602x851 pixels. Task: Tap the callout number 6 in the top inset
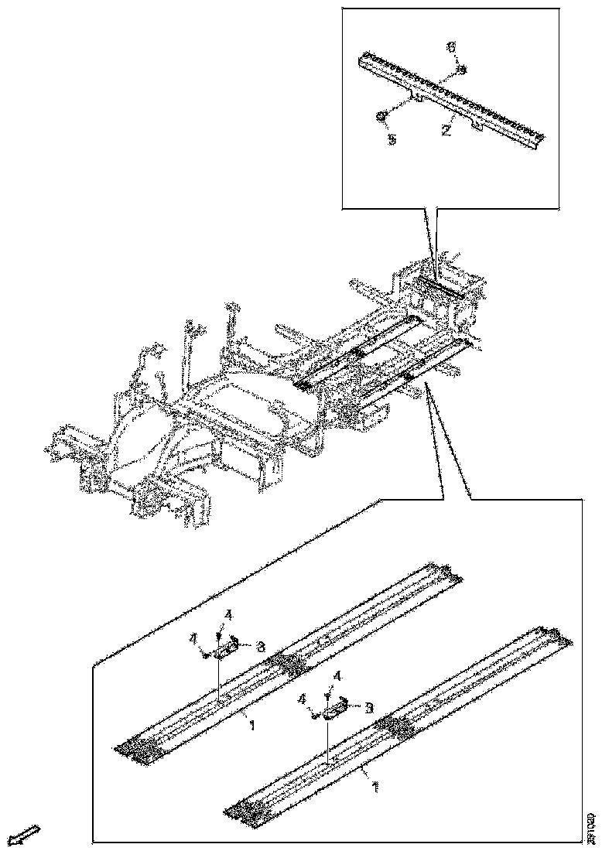coord(452,48)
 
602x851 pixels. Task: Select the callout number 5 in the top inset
coord(392,141)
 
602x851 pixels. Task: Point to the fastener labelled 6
coord(461,70)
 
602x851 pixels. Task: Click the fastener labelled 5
coord(381,116)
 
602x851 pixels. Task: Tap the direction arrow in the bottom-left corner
coord(26,834)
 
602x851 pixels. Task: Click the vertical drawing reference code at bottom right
coord(591,826)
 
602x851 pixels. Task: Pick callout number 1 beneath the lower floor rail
coord(375,787)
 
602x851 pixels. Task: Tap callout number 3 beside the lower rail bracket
coord(369,707)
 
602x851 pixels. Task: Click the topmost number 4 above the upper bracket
coord(227,616)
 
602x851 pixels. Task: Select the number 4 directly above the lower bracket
coord(337,676)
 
